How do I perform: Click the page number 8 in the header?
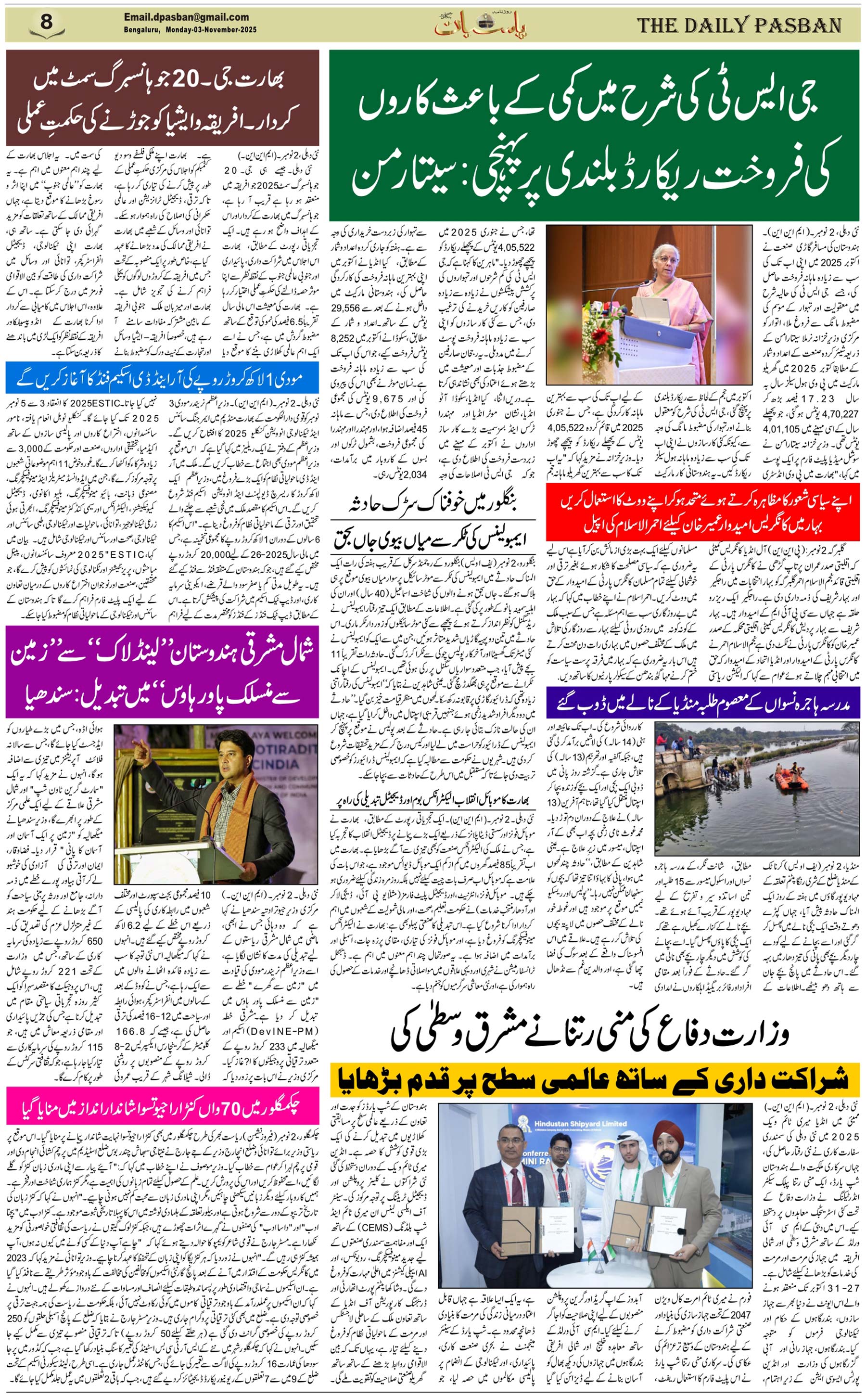click(47, 22)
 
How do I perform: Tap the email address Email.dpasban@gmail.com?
click(186, 17)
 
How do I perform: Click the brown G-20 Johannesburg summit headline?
click(162, 97)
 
